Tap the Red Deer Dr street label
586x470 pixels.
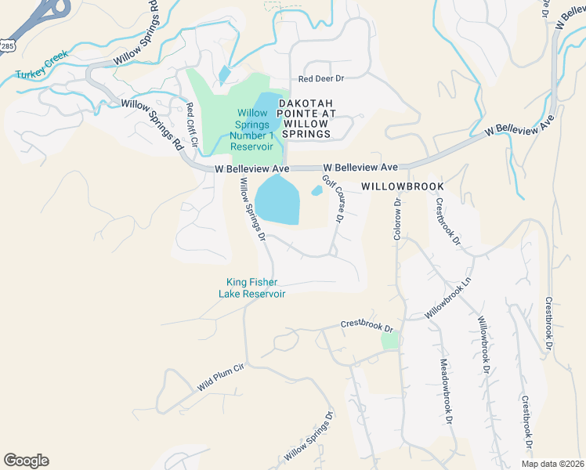(322, 79)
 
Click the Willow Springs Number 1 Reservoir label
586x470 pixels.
(251, 130)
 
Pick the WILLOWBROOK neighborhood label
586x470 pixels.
(403, 187)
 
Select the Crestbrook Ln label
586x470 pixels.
(448, 222)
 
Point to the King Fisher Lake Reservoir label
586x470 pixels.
(255, 287)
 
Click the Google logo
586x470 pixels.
(26, 461)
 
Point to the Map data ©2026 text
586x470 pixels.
(552, 464)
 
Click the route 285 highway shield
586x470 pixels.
(7, 47)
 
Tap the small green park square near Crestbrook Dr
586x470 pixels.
(389, 341)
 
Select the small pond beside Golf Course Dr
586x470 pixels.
(317, 190)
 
